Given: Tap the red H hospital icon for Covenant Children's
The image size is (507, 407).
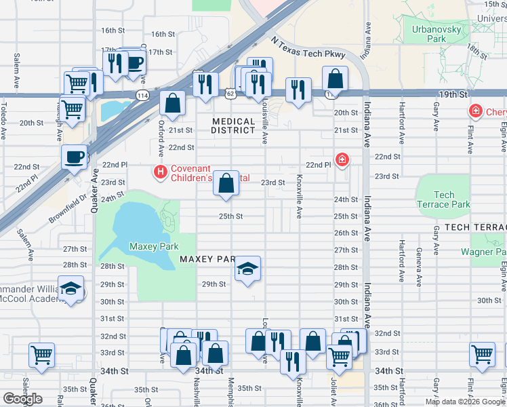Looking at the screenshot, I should tap(161, 173).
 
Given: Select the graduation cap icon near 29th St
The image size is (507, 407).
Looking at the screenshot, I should tap(248, 269).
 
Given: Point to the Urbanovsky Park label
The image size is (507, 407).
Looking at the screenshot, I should tap(437, 34).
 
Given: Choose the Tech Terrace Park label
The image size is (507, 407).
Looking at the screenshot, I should tap(443, 199).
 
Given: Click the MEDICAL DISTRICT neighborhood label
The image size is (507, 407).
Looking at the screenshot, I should tap(233, 126).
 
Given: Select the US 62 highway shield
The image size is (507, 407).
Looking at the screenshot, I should tap(232, 94).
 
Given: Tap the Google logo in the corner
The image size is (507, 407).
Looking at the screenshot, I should tap(22, 399).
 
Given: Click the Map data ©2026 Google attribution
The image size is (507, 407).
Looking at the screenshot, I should tap(464, 402).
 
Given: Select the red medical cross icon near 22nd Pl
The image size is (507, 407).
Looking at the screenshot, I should tap(343, 161).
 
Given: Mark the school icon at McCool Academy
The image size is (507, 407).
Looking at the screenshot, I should tap(70, 289).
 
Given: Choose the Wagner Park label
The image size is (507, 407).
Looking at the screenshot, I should tap(483, 252).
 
